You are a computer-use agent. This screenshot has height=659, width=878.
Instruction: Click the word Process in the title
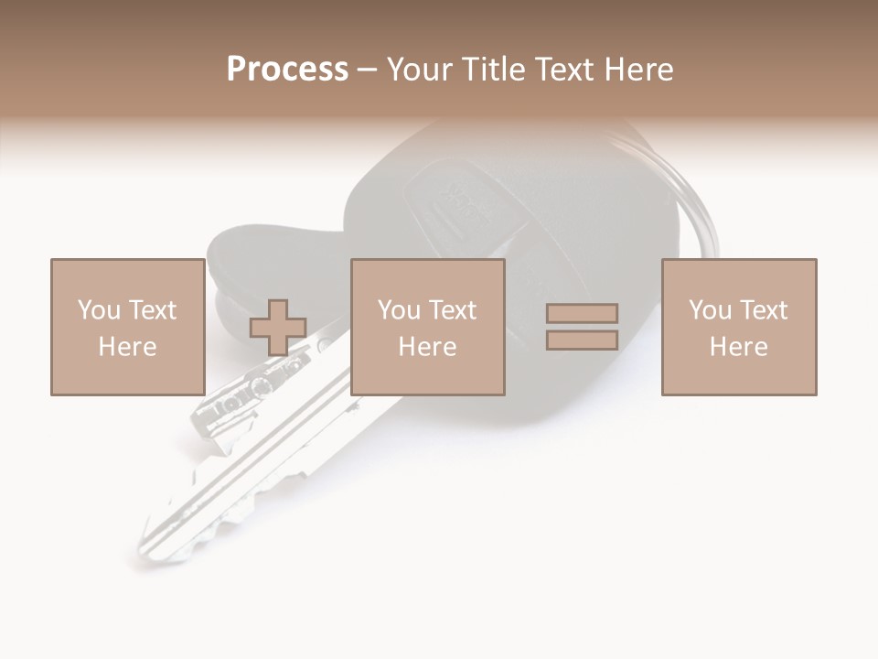coord(287,70)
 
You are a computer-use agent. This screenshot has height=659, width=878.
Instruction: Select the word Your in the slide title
coord(420,70)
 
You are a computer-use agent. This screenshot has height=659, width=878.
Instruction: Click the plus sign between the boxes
coord(279,328)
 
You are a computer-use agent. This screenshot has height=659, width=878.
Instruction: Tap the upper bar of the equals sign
coord(582,313)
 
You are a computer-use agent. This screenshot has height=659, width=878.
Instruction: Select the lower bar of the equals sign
coord(582,340)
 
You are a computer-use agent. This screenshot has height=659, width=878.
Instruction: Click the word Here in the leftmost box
coord(127,347)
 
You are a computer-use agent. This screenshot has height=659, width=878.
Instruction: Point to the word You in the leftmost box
coord(99,310)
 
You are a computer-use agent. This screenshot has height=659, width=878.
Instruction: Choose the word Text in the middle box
coord(453,310)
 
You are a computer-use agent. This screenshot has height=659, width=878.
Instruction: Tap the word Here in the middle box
coord(427,347)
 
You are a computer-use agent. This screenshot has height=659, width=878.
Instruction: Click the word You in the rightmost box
coord(711,310)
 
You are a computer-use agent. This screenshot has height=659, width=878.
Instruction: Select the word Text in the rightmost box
coord(764,310)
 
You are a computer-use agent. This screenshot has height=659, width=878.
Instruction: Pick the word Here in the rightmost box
coord(738,347)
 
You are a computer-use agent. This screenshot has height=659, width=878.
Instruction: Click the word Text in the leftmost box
coord(153,310)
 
